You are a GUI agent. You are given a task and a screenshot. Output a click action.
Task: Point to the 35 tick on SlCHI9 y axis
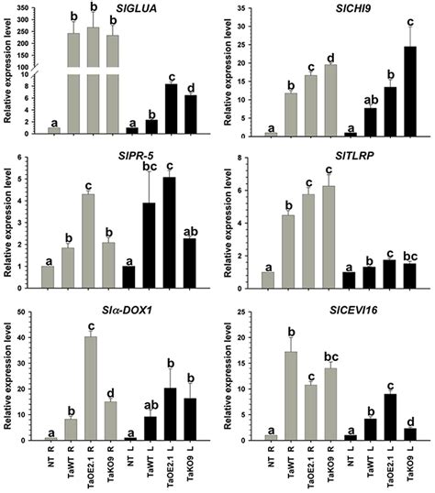point(249,8)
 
